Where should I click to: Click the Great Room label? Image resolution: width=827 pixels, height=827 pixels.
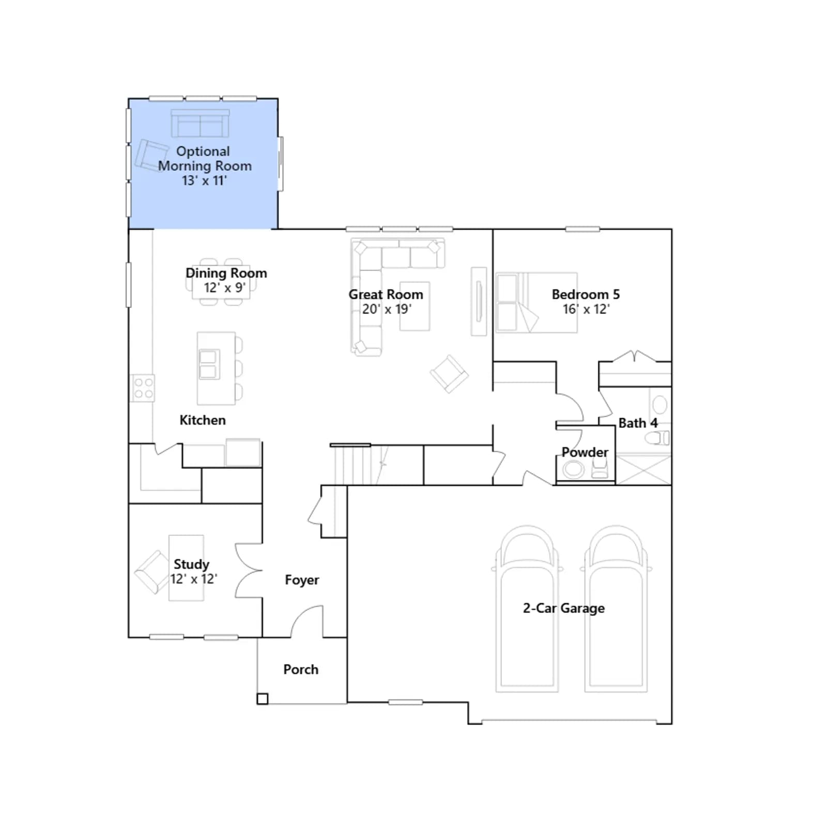coord(386,294)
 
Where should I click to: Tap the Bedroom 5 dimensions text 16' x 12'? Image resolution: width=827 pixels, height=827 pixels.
coord(586,309)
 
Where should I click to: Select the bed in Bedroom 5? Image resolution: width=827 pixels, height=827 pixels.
coord(537,302)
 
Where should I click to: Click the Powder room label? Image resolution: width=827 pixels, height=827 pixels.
coord(585,452)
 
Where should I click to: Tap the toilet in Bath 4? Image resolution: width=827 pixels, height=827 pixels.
coord(657,438)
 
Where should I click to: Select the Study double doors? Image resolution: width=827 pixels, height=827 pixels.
coord(249,571)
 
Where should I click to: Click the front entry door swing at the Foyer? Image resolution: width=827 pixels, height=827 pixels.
coord(307,621)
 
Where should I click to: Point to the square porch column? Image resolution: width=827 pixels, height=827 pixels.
coord(263,699)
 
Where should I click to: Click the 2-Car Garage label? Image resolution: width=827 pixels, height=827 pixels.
coord(563,608)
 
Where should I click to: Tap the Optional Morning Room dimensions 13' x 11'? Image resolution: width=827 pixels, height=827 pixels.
coord(204,180)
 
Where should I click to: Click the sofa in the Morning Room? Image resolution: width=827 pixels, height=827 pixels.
coord(200,123)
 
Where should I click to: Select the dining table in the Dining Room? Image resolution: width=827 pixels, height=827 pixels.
coord(221,282)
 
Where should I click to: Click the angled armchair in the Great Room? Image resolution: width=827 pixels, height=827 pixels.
coord(449,374)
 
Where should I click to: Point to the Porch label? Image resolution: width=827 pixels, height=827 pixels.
coord(301,669)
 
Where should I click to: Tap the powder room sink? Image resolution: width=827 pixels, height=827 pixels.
coord(573,470)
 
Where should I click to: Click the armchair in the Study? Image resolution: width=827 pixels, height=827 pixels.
coord(151,572)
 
